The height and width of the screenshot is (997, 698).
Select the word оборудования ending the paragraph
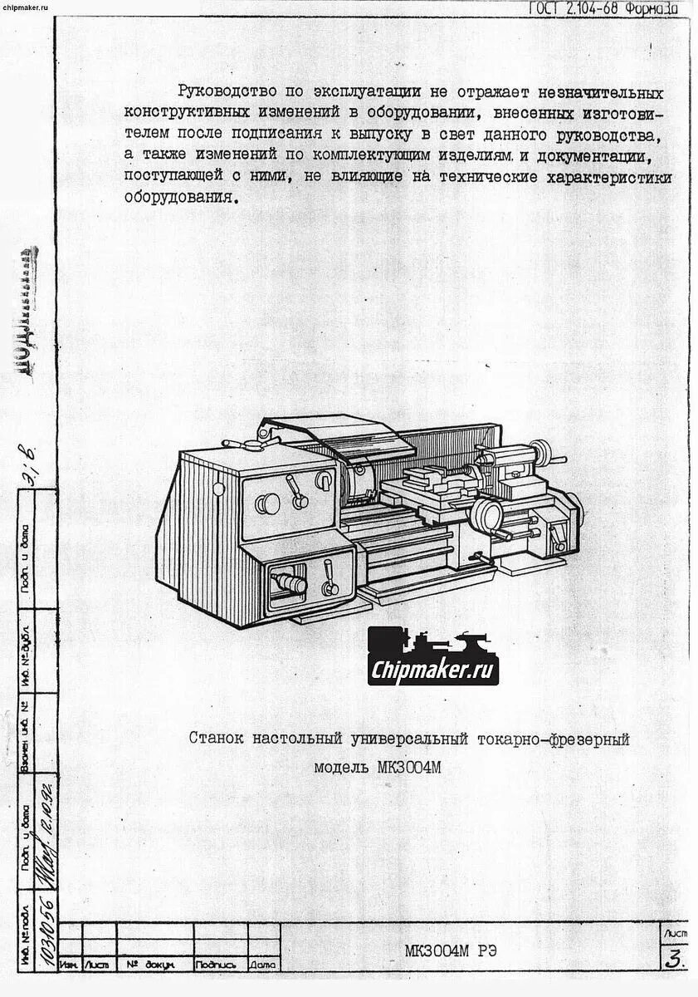click(179, 198)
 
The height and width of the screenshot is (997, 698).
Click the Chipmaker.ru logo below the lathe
click(433, 656)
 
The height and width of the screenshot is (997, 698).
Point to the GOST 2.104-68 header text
click(603, 8)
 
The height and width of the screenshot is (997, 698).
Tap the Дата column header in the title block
click(262, 965)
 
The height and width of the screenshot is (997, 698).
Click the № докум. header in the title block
click(149, 965)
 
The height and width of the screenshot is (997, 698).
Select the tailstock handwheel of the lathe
click(544, 454)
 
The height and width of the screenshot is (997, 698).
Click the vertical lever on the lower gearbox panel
click(329, 577)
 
